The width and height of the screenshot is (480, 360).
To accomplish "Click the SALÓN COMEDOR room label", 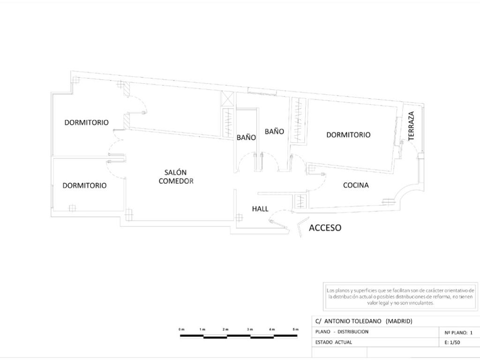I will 176,177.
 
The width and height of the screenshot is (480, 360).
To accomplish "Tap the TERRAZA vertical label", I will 412,126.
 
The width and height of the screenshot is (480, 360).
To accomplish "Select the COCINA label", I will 356,185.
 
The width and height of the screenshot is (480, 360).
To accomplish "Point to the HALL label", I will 260,209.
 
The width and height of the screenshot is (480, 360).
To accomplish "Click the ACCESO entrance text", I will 325,228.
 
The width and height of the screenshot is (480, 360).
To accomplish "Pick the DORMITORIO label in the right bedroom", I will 348,135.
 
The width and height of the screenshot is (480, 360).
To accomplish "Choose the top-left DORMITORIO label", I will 86,122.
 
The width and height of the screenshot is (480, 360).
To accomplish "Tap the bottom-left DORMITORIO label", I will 84,186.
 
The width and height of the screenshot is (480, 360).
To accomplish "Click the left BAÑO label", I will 246,138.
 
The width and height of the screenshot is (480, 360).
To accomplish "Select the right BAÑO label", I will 274,132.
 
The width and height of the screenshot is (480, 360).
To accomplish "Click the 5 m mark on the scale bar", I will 296,330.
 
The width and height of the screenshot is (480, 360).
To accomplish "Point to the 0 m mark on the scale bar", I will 181,330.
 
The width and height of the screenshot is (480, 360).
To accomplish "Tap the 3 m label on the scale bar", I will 250,330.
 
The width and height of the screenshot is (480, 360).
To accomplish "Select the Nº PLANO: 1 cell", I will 458,332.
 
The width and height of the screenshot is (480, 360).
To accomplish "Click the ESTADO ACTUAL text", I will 333,342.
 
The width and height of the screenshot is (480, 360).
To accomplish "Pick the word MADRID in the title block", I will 398,321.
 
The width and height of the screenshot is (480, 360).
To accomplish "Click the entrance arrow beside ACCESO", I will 301,227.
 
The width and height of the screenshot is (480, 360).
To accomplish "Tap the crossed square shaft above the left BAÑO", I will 227,99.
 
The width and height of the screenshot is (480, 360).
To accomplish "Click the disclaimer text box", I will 400,296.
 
